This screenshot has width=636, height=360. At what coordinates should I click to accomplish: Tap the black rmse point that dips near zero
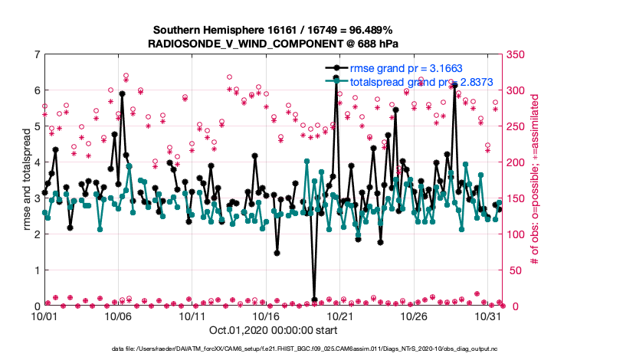click(x=314, y=299)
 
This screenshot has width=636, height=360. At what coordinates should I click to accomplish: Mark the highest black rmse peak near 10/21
click(x=336, y=77)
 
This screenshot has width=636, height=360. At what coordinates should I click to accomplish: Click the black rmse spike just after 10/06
click(x=122, y=93)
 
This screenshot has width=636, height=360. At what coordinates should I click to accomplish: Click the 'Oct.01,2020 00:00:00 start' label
click(x=272, y=330)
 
